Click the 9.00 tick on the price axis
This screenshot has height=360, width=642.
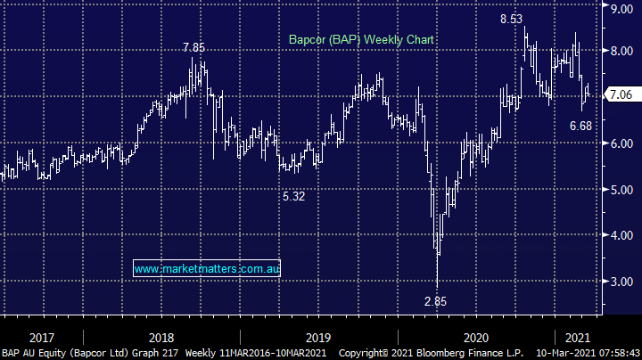coord(620,8)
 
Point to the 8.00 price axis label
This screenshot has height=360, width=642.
coord(620,52)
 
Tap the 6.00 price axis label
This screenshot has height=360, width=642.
coord(620,143)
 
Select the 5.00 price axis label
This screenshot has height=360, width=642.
coord(620,190)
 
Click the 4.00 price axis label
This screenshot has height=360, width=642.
coord(620,235)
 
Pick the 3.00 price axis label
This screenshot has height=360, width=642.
coord(620,282)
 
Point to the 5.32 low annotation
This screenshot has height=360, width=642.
coord(292,196)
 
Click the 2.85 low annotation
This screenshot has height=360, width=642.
coord(434,301)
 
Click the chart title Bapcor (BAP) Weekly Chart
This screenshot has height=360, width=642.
coord(360,39)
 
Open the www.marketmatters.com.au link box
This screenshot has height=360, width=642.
coord(206,267)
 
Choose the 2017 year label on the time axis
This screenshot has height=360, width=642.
coord(43,337)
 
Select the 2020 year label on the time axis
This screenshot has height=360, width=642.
coord(475,337)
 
